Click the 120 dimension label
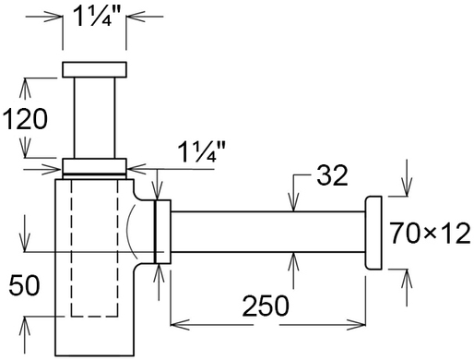pyautogui.click(x=25, y=119)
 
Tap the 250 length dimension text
pyautogui.click(x=266, y=306)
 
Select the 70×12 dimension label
pyautogui.click(x=430, y=234)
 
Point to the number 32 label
pyautogui.click(x=332, y=175)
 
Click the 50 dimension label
pyautogui.click(x=24, y=285)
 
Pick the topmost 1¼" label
pyautogui.click(x=95, y=16)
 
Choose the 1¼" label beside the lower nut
pyautogui.click(x=201, y=151)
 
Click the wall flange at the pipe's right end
pyautogui.click(x=373, y=233)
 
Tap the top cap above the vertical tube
pyautogui.click(x=94, y=69)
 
